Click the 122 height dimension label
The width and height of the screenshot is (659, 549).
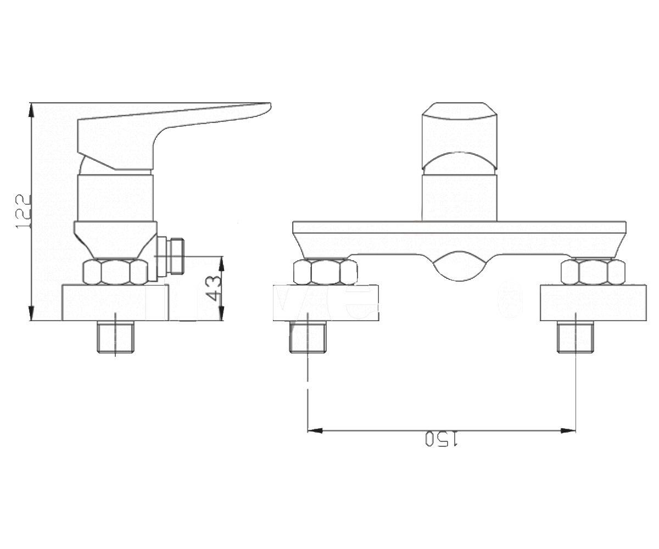[x=23, y=211]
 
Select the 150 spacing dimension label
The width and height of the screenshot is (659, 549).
[x=441, y=439]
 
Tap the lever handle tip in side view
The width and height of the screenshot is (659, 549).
[x=270, y=106]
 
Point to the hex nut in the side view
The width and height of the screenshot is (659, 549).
[x=115, y=272]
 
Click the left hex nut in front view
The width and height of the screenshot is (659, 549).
[x=326, y=272]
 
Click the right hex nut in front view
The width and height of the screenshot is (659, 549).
[x=593, y=272]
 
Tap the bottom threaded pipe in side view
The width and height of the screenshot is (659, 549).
[x=115, y=337]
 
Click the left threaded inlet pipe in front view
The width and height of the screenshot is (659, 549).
[x=308, y=337]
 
